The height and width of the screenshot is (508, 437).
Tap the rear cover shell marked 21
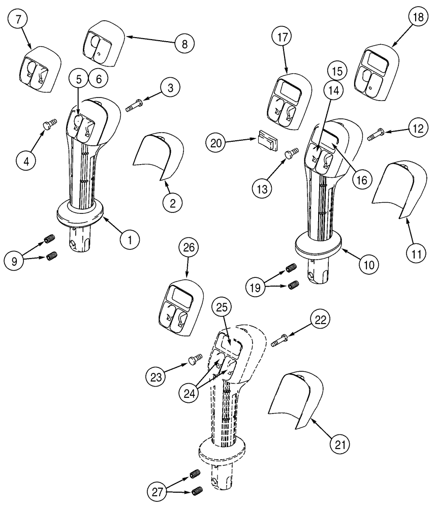click(293, 395)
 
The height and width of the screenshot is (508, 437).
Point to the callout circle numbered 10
click(368, 264)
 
